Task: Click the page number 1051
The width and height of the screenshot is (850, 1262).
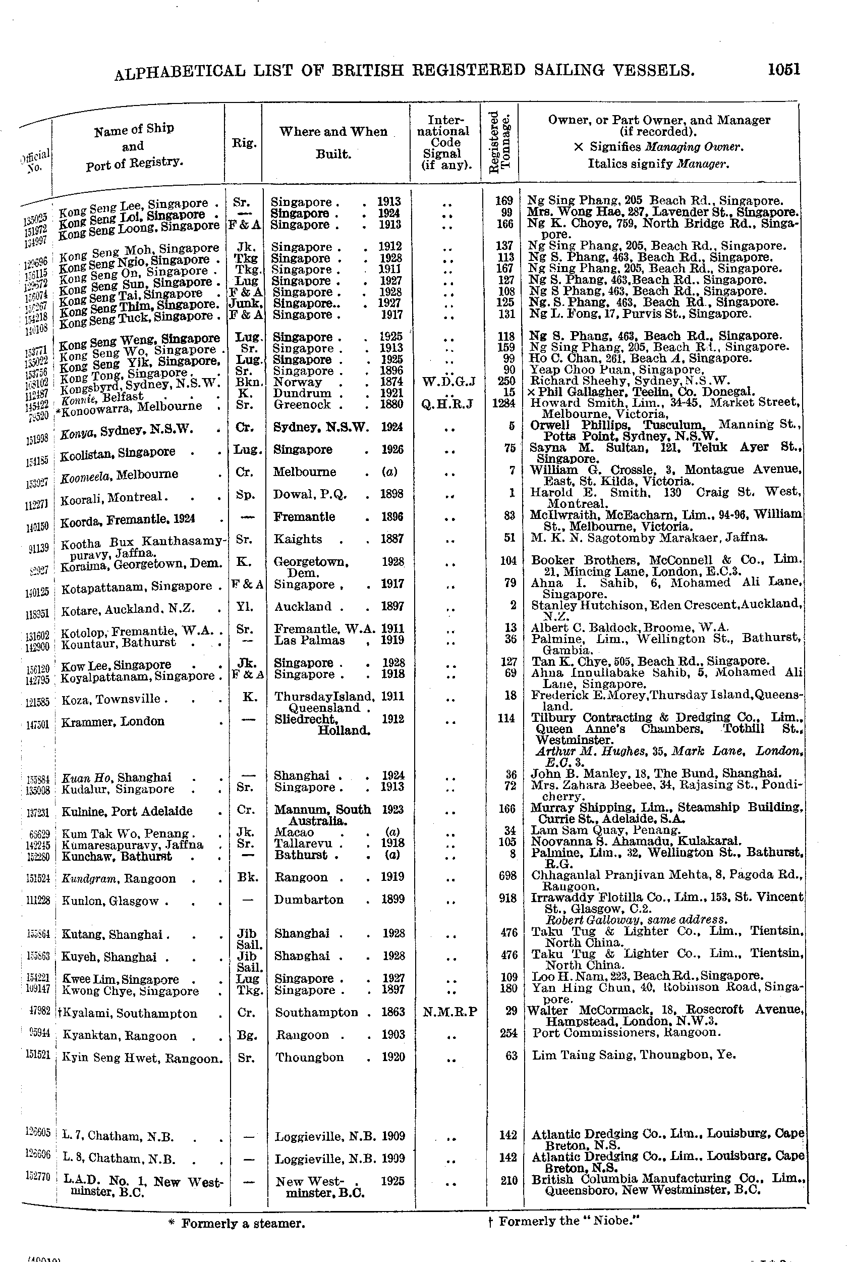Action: tap(783, 70)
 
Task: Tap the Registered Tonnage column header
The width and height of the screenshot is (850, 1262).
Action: tap(499, 142)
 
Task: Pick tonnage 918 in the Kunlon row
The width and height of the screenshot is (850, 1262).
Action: tap(507, 899)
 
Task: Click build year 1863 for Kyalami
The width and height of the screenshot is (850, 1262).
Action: tap(392, 1012)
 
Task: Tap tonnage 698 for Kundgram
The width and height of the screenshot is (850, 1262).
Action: tap(506, 876)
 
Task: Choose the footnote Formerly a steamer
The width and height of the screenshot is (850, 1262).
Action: tap(237, 1224)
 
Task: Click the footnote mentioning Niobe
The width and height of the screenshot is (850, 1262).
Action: tap(564, 1221)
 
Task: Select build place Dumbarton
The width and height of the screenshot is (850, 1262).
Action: tap(308, 900)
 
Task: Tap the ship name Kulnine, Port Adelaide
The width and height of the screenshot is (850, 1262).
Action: tap(127, 811)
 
